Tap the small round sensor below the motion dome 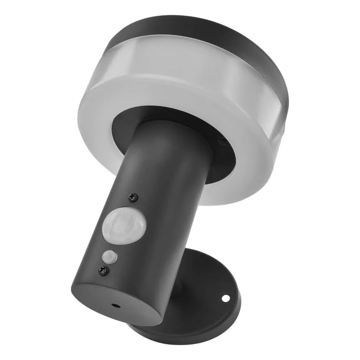pos(109,255)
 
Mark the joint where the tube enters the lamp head pos(166,124)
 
